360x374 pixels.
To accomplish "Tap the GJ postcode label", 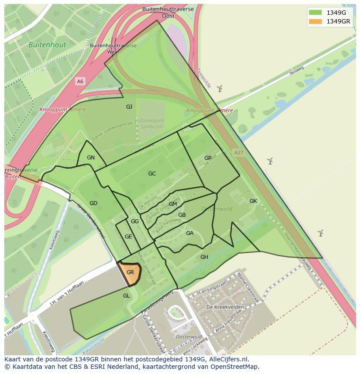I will click(x=129, y=107).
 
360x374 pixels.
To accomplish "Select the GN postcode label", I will click(x=91, y=158).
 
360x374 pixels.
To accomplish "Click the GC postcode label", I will click(x=152, y=174).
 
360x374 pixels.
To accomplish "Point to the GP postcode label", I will click(x=208, y=158).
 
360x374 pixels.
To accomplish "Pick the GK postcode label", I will click(x=253, y=201).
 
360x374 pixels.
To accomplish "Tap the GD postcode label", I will click(x=93, y=203).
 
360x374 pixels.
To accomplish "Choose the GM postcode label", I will click(x=173, y=204).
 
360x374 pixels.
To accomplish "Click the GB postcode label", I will click(x=182, y=215).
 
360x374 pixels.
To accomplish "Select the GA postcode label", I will click(x=190, y=233).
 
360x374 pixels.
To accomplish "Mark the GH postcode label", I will click(x=204, y=257).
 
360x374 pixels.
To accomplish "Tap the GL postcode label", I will click(x=127, y=296).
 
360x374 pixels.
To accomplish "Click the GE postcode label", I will click(x=128, y=237).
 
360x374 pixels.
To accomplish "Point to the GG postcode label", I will click(x=135, y=222).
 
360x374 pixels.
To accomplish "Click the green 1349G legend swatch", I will click(x=315, y=12).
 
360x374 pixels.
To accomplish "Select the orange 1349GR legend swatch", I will click(x=315, y=21).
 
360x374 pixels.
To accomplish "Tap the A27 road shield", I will click(x=239, y=153).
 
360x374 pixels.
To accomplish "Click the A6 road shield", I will click(x=80, y=81).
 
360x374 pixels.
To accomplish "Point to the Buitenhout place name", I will click(x=47, y=45).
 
